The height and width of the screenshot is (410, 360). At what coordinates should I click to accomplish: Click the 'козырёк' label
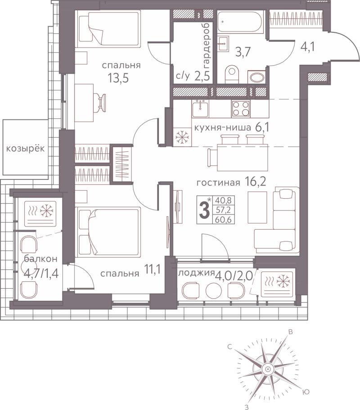25,148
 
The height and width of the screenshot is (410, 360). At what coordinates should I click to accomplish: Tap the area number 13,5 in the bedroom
118,78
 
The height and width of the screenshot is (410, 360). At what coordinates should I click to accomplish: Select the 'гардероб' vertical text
207,44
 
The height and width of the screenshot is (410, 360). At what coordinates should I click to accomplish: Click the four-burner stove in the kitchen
241,109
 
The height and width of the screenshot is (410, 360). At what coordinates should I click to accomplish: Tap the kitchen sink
200,110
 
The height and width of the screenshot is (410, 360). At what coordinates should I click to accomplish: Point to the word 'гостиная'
218,183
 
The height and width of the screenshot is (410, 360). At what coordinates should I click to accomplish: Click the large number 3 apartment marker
204,211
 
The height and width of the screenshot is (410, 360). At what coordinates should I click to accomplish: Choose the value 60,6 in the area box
223,219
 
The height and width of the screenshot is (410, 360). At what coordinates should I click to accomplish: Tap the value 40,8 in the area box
223,201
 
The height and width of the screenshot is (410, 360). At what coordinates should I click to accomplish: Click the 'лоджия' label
196,273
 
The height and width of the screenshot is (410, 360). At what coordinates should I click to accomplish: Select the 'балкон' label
40,259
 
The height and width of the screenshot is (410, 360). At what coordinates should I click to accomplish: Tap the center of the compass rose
268,369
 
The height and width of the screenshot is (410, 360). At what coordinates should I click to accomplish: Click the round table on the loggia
214,290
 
